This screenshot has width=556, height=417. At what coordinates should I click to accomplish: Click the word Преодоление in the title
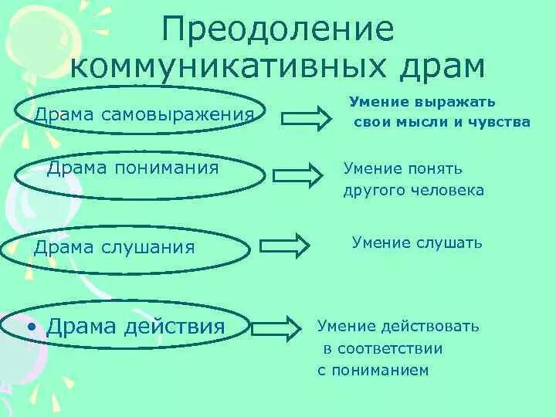click(x=278, y=29)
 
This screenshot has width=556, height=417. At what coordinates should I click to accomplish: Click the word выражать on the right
click(x=458, y=101)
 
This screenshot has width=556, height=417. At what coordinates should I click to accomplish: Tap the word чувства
click(x=502, y=121)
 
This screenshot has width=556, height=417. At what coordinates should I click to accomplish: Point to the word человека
click(x=451, y=190)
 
